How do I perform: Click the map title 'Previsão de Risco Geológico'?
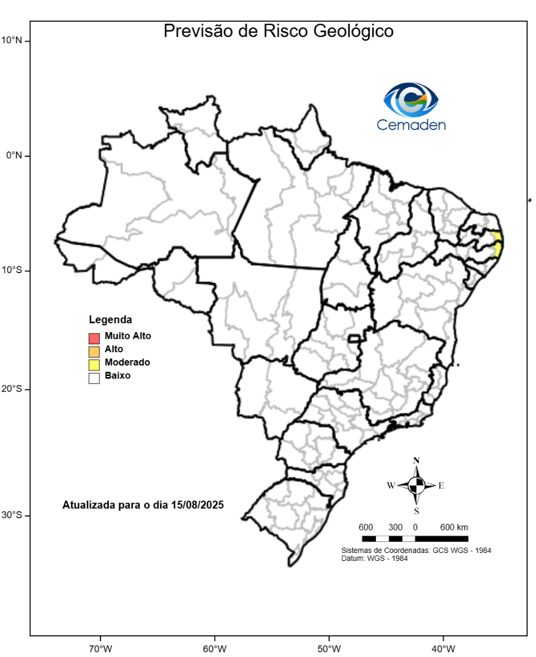pos(278,31)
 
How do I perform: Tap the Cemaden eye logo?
pos(411,100)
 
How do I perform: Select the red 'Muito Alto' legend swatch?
pos(94,338)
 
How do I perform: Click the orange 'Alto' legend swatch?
pos(94,351)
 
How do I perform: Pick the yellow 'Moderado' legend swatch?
pos(94,364)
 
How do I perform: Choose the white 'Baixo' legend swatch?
pos(94,378)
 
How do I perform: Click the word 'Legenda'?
pos(110,319)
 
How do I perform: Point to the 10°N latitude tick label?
pos(12,41)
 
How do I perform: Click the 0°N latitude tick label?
pos(13,155)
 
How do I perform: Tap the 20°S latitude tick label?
pos(12,389)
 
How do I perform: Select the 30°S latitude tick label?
pos(12,515)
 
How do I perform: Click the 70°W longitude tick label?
pos(100,648)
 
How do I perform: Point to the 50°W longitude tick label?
pos(329,648)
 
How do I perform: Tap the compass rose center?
pos(416,485)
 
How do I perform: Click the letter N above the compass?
pos(416,461)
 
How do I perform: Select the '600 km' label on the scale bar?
pos(454,527)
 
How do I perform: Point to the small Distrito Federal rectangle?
pos(353,338)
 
